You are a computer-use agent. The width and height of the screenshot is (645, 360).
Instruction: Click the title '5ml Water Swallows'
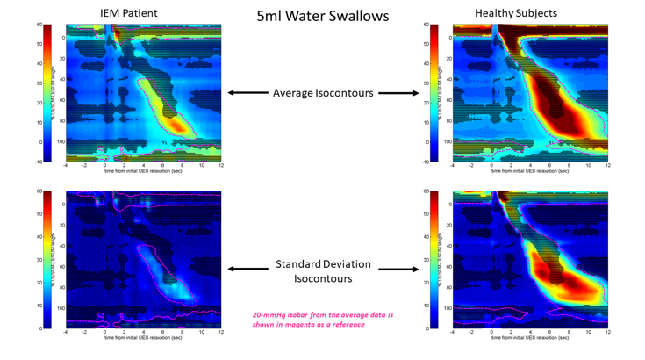click(x=322, y=17)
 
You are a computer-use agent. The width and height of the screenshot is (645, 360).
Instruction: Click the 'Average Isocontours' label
click(x=323, y=93)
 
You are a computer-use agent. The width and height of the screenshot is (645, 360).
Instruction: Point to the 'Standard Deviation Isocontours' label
click(x=322, y=270)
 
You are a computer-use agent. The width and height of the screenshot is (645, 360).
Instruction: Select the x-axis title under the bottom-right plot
click(x=529, y=338)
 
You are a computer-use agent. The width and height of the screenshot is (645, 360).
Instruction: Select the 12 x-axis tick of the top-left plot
click(x=220, y=166)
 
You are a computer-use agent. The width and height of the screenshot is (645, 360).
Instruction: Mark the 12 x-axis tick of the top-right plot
click(x=607, y=166)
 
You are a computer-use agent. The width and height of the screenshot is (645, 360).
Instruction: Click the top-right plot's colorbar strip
click(x=434, y=93)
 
